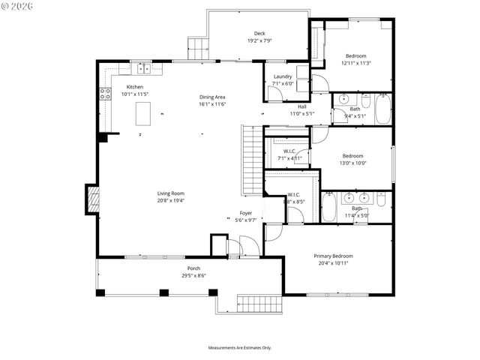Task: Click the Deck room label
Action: (x=259, y=33)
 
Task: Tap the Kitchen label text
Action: (x=135, y=88)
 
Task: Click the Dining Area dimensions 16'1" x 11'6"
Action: (x=212, y=104)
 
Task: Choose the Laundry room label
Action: (x=283, y=76)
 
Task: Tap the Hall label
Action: (x=301, y=106)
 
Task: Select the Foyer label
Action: (x=246, y=213)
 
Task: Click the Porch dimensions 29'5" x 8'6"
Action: (x=193, y=275)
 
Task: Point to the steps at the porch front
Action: (x=257, y=303)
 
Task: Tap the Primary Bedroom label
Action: (x=334, y=256)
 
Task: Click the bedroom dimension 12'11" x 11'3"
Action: (x=355, y=63)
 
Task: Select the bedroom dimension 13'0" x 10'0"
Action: (x=352, y=163)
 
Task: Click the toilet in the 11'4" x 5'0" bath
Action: (x=382, y=199)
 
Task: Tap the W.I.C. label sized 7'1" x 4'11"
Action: (x=289, y=158)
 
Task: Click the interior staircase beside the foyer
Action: (x=250, y=158)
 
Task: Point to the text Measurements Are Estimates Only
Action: (x=239, y=347)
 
